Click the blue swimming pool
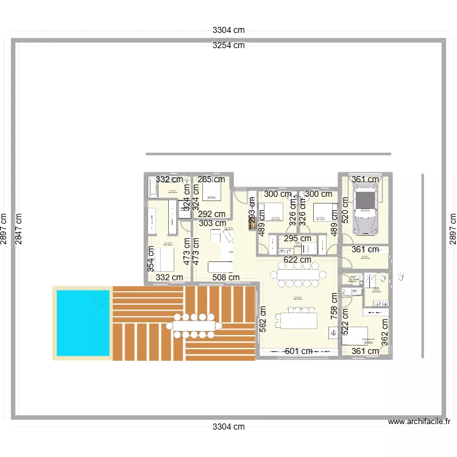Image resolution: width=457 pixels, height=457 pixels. pyautogui.click(x=83, y=322)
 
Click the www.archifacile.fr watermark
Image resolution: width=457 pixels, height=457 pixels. pyautogui.click(x=420, y=422)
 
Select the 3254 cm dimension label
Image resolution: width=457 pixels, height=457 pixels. pyautogui.click(x=228, y=45)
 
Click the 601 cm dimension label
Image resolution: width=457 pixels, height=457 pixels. pyautogui.click(x=299, y=351)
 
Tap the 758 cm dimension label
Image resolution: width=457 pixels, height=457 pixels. pyautogui.click(x=334, y=306)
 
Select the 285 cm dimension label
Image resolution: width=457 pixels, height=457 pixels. pyautogui.click(x=211, y=179)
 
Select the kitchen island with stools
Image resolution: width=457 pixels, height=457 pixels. pyautogui.click(x=296, y=320)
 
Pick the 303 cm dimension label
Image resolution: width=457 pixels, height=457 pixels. pyautogui.click(x=212, y=224)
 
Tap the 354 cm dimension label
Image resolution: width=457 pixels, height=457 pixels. pyautogui.click(x=150, y=258)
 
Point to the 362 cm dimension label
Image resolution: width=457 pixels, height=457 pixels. pyautogui.click(x=384, y=333)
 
